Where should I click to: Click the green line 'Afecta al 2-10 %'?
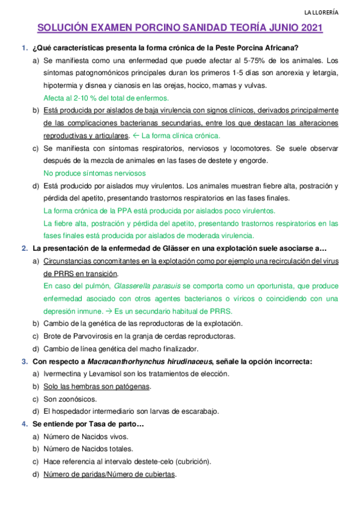(x=106, y=97)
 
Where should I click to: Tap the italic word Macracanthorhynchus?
(x=130, y=361)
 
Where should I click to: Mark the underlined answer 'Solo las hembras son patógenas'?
(x=97, y=387)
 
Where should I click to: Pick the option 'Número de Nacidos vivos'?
(x=85, y=437)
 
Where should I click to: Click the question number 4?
(x=24, y=424)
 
